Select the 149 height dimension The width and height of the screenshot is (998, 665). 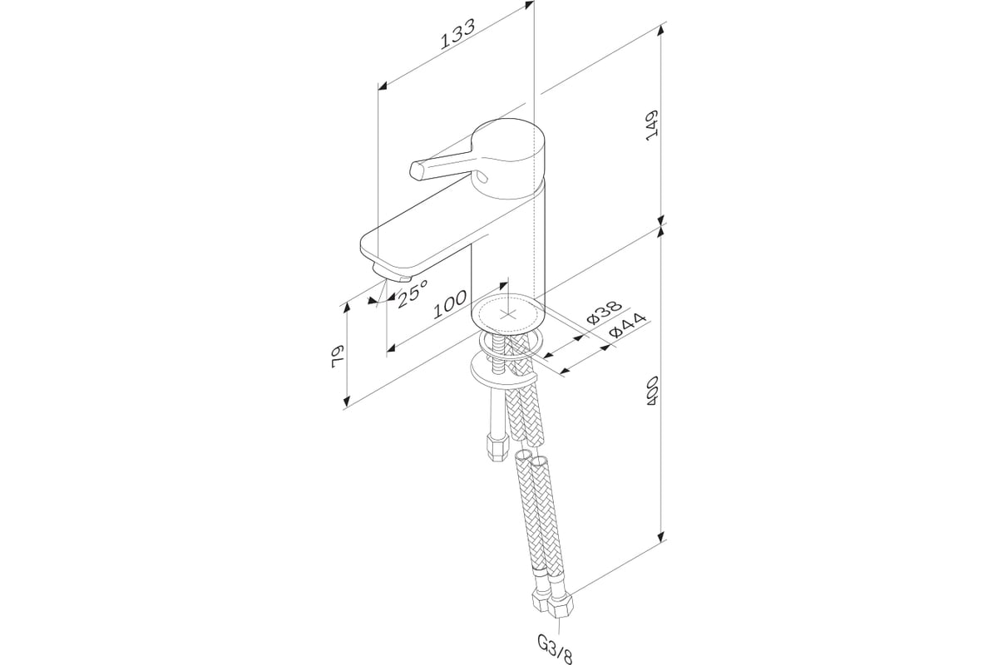[653, 124]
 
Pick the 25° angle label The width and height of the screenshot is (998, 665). [413, 293]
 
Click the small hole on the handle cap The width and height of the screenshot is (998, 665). [482, 176]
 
